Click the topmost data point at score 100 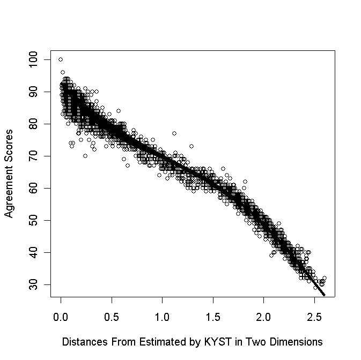[x=61, y=59]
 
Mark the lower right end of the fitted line [x=324, y=295]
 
